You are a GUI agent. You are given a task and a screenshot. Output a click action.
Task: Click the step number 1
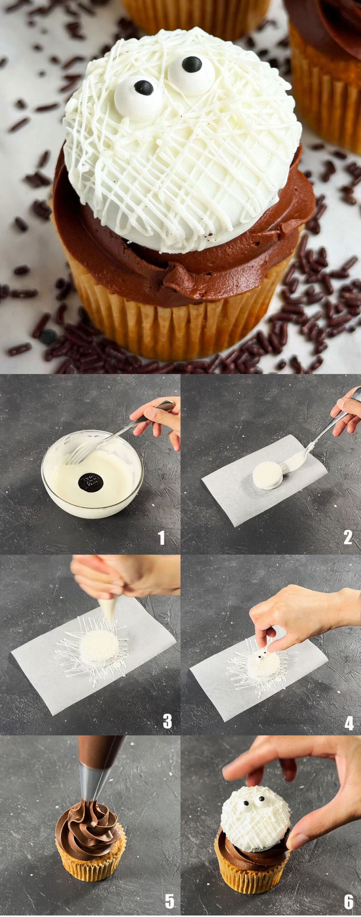162,538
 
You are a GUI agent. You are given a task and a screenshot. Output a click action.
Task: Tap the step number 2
348,537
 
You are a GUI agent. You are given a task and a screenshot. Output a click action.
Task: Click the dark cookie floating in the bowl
91,481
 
